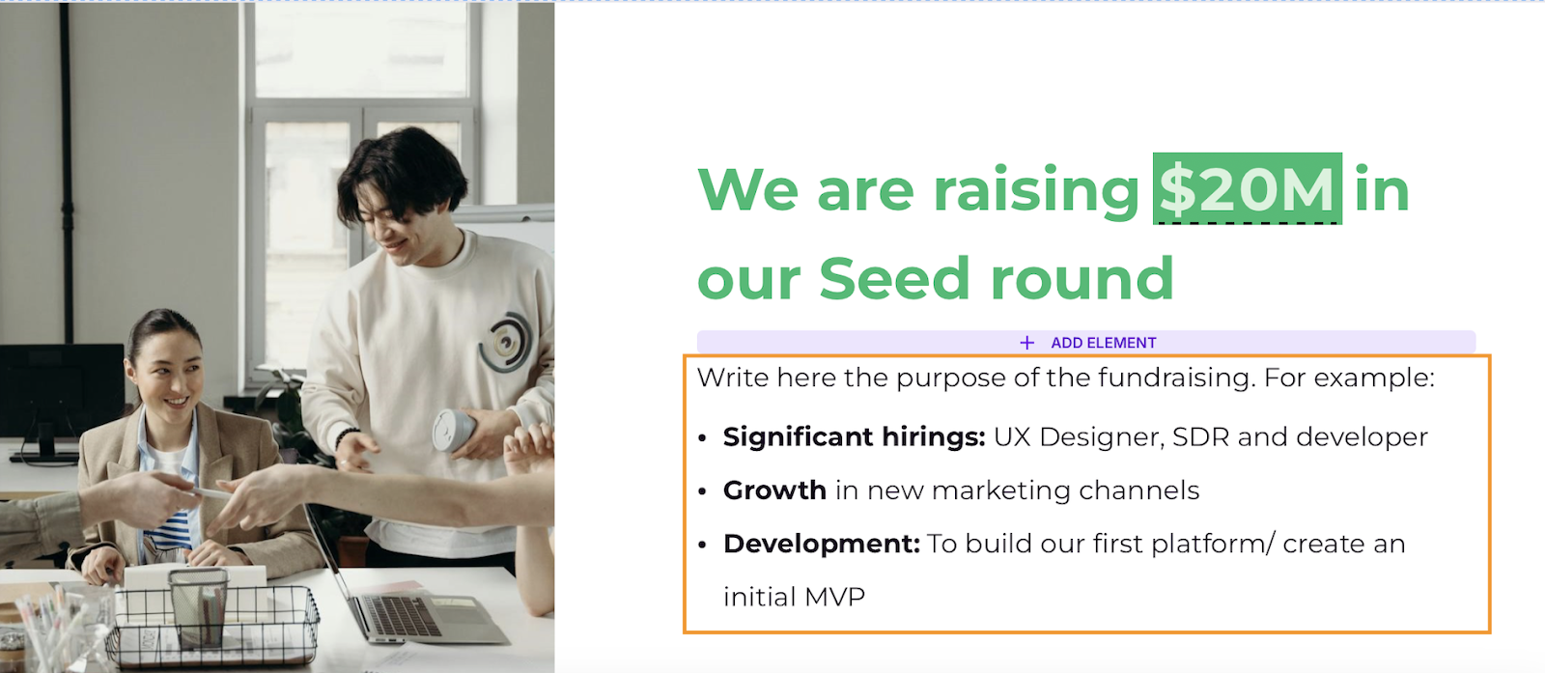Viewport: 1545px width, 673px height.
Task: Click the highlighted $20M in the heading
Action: coord(1247,189)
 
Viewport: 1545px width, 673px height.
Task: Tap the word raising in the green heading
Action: coord(1036,192)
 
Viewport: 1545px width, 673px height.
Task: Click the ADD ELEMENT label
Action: coord(1104,343)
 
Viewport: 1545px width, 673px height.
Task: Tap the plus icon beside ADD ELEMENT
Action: coord(1027,343)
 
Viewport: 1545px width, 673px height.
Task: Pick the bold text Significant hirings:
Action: coord(854,437)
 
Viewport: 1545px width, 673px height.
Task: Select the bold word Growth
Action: coord(774,491)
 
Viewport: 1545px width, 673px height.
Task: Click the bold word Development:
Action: coord(822,544)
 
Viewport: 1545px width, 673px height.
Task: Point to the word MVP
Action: coord(834,597)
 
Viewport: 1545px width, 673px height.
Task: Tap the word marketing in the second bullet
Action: coord(1001,491)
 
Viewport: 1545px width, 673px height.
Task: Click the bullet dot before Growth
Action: coord(703,491)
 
